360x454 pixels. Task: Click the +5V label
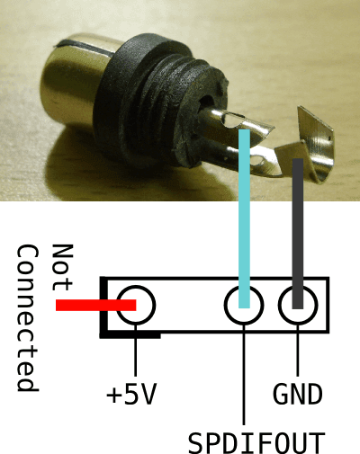pyautogui.click(x=131, y=394)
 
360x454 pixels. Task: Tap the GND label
pyautogui.click(x=298, y=394)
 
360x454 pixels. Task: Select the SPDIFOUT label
pyautogui.click(x=256, y=442)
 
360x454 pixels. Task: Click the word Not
pyautogui.click(x=62, y=268)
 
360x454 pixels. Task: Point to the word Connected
pyautogui.click(x=28, y=318)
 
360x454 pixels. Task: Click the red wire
pyautogui.click(x=96, y=305)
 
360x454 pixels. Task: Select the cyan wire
pyautogui.click(x=244, y=218)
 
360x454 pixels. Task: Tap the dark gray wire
pyautogui.click(x=298, y=234)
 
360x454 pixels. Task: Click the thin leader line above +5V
pyautogui.click(x=135, y=351)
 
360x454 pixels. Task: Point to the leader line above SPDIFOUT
pyautogui.click(x=244, y=375)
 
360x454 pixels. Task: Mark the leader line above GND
pyautogui.click(x=298, y=351)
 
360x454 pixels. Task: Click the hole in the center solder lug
pyautogui.click(x=235, y=120)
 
